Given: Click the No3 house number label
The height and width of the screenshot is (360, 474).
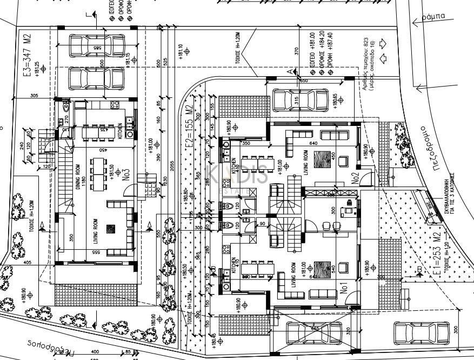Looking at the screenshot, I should (125, 176).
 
